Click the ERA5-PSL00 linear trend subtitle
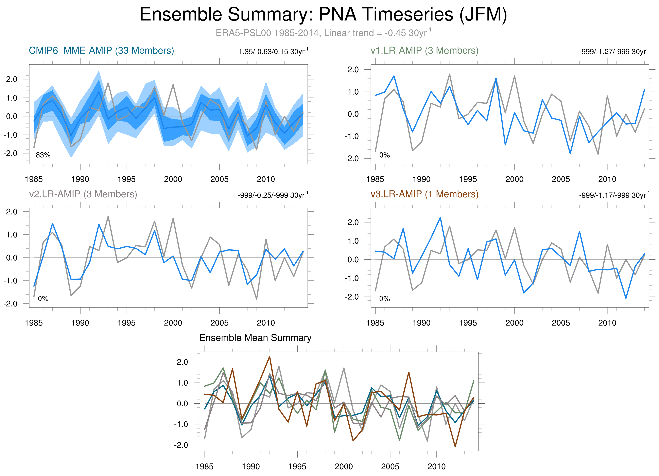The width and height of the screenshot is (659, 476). point(323,33)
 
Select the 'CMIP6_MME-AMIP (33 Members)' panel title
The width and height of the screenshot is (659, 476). point(101,51)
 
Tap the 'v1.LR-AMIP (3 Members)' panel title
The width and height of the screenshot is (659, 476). point(424,51)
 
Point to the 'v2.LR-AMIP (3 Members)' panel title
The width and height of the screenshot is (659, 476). point(83,194)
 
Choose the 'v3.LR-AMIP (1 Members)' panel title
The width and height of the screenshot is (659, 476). point(424,194)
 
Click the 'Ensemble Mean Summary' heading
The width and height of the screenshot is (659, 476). point(255,338)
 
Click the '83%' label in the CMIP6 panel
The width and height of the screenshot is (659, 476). point(43,155)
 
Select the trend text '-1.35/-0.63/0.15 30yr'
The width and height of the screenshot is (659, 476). point(272,52)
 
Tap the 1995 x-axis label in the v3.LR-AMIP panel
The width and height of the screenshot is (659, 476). point(468,323)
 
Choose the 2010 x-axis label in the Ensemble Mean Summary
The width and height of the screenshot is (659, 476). point(436,466)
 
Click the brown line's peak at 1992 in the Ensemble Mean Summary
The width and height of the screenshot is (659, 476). point(269,357)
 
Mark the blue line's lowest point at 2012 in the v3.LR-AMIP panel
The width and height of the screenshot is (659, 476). point(626,298)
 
